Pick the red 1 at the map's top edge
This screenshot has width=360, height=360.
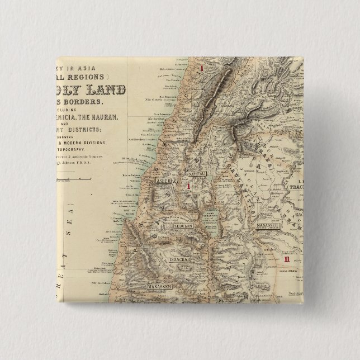(203, 68)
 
